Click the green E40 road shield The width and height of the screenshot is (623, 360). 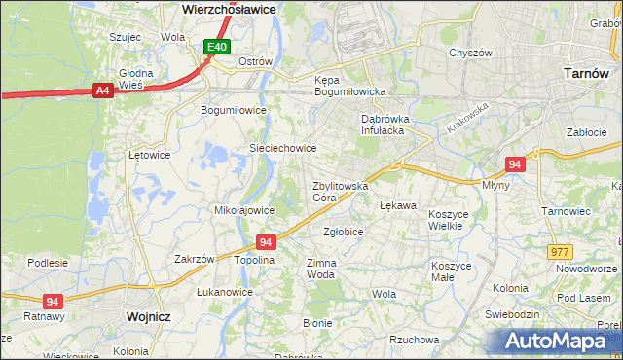coord(217,47)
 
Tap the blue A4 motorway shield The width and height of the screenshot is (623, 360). coord(102,90)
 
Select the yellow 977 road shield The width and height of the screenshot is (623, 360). coord(560,251)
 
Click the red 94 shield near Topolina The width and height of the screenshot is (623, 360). coord(266,240)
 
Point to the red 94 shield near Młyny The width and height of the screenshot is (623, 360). coord(516,164)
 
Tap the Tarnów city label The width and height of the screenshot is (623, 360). coord(587,73)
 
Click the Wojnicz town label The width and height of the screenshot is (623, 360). coord(149,317)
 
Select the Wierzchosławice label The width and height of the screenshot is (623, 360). coord(230,8)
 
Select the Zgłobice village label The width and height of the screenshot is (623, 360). coord(343,232)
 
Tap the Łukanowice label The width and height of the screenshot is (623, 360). coord(225,292)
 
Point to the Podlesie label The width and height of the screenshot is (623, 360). coord(48,263)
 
